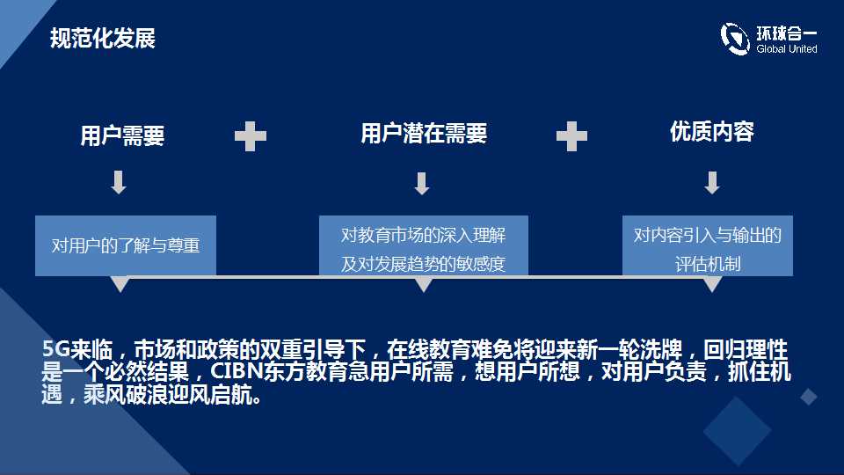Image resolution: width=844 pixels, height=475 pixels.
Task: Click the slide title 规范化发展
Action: (103, 38)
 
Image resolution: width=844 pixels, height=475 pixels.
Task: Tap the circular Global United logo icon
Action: (735, 39)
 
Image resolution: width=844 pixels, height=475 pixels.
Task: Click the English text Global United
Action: (786, 49)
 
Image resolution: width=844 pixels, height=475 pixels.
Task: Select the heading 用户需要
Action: (122, 135)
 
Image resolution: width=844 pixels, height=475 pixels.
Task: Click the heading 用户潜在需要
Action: (424, 133)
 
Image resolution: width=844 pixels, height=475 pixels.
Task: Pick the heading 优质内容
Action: (711, 131)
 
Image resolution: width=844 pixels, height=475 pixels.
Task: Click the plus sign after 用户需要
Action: (251, 136)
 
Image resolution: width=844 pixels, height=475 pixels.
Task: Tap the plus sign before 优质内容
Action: (571, 136)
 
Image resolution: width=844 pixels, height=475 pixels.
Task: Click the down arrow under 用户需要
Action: (119, 182)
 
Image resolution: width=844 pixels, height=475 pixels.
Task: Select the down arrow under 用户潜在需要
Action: (422, 183)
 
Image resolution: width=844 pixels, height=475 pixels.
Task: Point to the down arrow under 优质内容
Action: (712, 183)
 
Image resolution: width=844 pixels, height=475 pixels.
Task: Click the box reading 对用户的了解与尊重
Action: (126, 245)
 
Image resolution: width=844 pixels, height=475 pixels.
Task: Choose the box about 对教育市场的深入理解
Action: (424, 245)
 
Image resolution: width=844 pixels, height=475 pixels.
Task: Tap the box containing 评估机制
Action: (707, 245)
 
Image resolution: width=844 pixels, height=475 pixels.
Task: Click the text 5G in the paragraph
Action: (56, 349)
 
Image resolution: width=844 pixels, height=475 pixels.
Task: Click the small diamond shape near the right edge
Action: (809, 397)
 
